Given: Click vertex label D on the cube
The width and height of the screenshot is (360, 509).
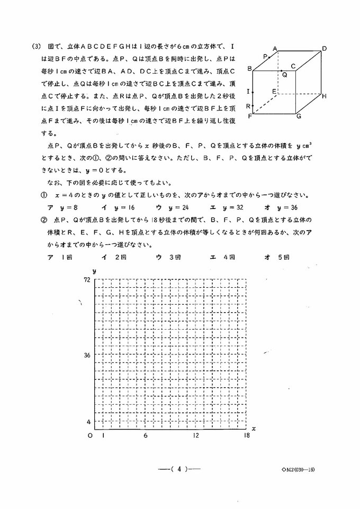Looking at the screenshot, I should tap(324, 48).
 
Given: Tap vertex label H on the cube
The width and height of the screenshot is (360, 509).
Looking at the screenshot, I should tap(324, 96).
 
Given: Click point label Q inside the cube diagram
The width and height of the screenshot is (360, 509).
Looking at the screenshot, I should tap(284, 75).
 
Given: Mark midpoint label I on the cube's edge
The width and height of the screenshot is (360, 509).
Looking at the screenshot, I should tap(248, 92).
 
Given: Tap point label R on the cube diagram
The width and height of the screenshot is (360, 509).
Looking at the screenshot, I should tap(248, 106).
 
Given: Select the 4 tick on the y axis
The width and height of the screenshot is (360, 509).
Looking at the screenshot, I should tap(88, 422).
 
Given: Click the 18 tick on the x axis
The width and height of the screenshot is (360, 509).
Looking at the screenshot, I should tap(247, 435).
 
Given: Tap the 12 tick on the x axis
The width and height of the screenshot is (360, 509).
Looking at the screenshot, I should tap(196, 435).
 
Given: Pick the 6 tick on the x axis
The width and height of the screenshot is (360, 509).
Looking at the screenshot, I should tap(145, 435).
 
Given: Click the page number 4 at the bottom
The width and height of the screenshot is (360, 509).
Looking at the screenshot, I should tap(180, 468).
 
